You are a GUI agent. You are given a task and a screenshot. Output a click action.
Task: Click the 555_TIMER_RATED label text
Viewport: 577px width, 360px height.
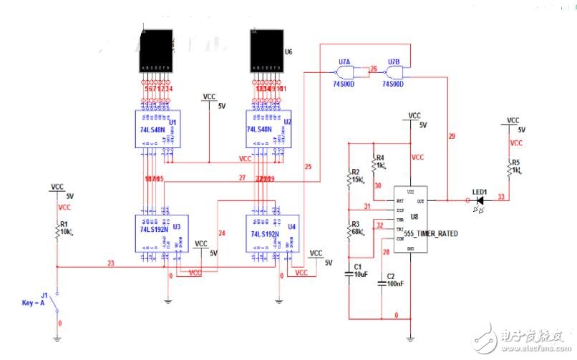point(430,234)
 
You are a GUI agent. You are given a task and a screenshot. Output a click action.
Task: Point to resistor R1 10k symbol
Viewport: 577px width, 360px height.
point(57,230)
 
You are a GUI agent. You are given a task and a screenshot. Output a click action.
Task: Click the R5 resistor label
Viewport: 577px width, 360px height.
point(515,162)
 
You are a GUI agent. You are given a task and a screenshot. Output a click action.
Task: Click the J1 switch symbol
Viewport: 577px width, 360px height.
point(57,303)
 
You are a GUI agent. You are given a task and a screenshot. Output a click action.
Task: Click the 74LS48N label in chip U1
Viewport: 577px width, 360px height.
point(152,130)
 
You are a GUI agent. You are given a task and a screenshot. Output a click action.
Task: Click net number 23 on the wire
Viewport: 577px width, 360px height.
point(111,263)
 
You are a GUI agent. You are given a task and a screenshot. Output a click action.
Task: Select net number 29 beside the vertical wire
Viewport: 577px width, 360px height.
point(451,136)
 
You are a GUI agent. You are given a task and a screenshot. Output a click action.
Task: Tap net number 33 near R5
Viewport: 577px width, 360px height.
point(501,196)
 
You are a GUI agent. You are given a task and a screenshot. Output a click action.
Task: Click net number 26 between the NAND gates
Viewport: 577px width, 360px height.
point(373,69)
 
